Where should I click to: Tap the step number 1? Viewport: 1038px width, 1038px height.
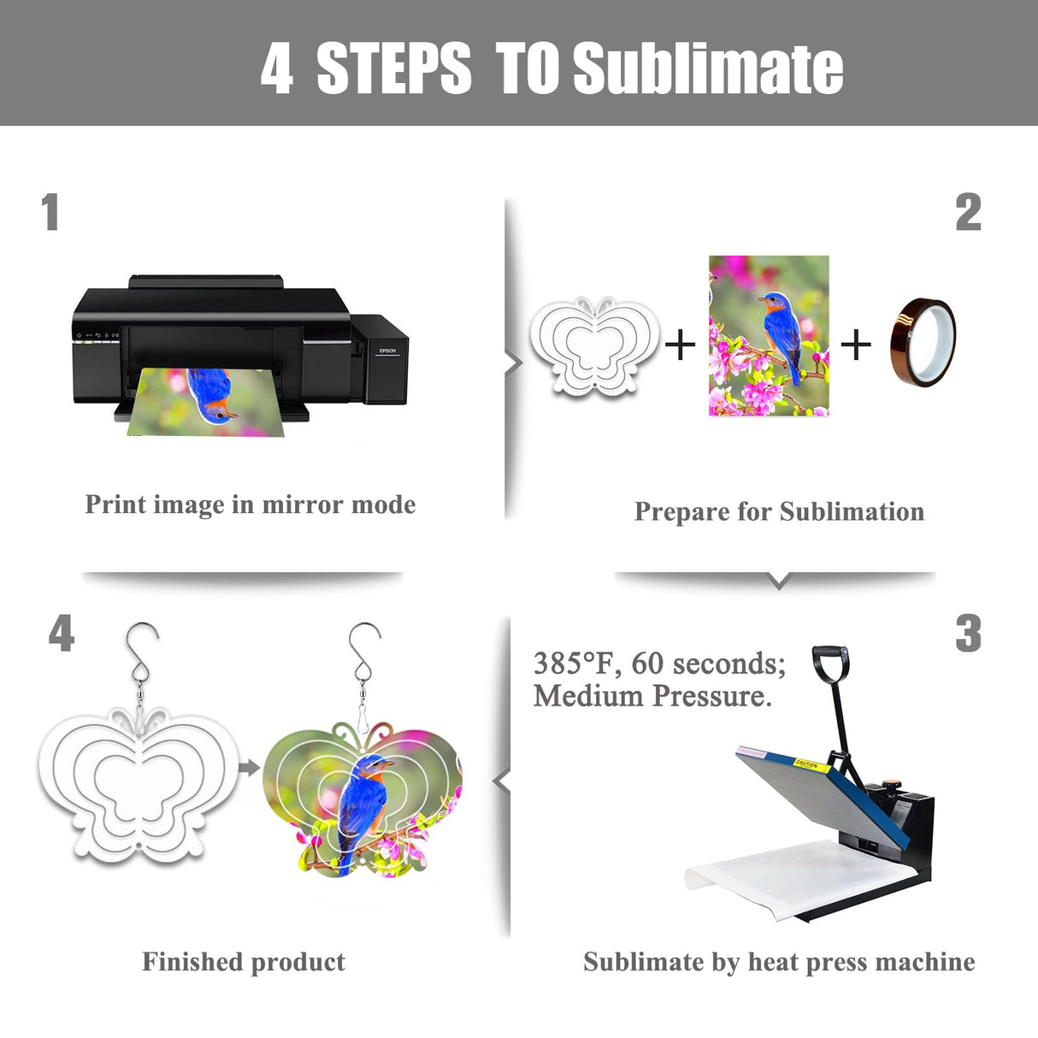click(50, 212)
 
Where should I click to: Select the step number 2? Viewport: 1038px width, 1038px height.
click(968, 212)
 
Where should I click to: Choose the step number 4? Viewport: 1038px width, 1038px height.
click(62, 633)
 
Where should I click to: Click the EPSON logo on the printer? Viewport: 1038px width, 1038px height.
click(387, 351)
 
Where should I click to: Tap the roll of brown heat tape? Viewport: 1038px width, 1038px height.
click(923, 342)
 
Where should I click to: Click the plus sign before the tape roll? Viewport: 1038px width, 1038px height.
click(855, 345)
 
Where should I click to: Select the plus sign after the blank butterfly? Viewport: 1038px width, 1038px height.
click(681, 345)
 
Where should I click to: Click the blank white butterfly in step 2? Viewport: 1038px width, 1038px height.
click(595, 345)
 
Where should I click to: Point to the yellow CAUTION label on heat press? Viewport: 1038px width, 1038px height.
click(806, 765)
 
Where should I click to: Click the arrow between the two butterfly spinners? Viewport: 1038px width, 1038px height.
click(249, 768)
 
